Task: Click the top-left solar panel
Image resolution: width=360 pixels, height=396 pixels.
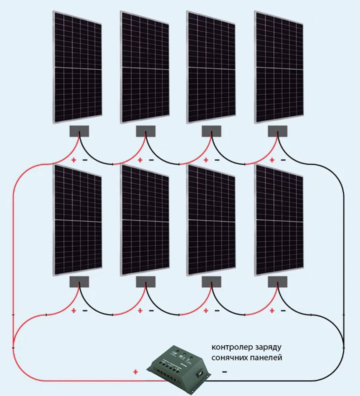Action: coord(77,67)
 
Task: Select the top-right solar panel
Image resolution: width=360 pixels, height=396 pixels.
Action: coord(279,67)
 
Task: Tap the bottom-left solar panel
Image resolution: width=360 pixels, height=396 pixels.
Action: coord(77,219)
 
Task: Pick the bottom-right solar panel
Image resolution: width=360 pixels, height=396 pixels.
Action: coord(279,219)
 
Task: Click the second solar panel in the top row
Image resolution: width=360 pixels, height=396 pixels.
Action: coord(145,67)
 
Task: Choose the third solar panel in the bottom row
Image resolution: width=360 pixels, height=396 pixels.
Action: coord(211,219)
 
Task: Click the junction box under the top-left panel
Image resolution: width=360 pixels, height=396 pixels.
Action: coord(79,131)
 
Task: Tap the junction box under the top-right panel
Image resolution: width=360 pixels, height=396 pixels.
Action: coord(278,131)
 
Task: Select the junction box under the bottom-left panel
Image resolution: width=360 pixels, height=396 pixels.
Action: coord(79,282)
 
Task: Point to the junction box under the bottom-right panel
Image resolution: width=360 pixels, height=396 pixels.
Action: coord(278,282)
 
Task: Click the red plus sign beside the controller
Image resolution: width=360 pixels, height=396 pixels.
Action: coord(136,372)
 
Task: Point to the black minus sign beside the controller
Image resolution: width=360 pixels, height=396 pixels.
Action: coord(224,372)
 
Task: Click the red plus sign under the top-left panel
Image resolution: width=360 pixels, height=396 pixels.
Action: coord(73,160)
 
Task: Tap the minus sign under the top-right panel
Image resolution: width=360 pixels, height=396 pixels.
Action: coord(283,160)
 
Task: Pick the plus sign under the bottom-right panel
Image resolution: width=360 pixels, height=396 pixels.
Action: coord(272,310)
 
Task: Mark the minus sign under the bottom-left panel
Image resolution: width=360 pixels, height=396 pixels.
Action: coord(85,310)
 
